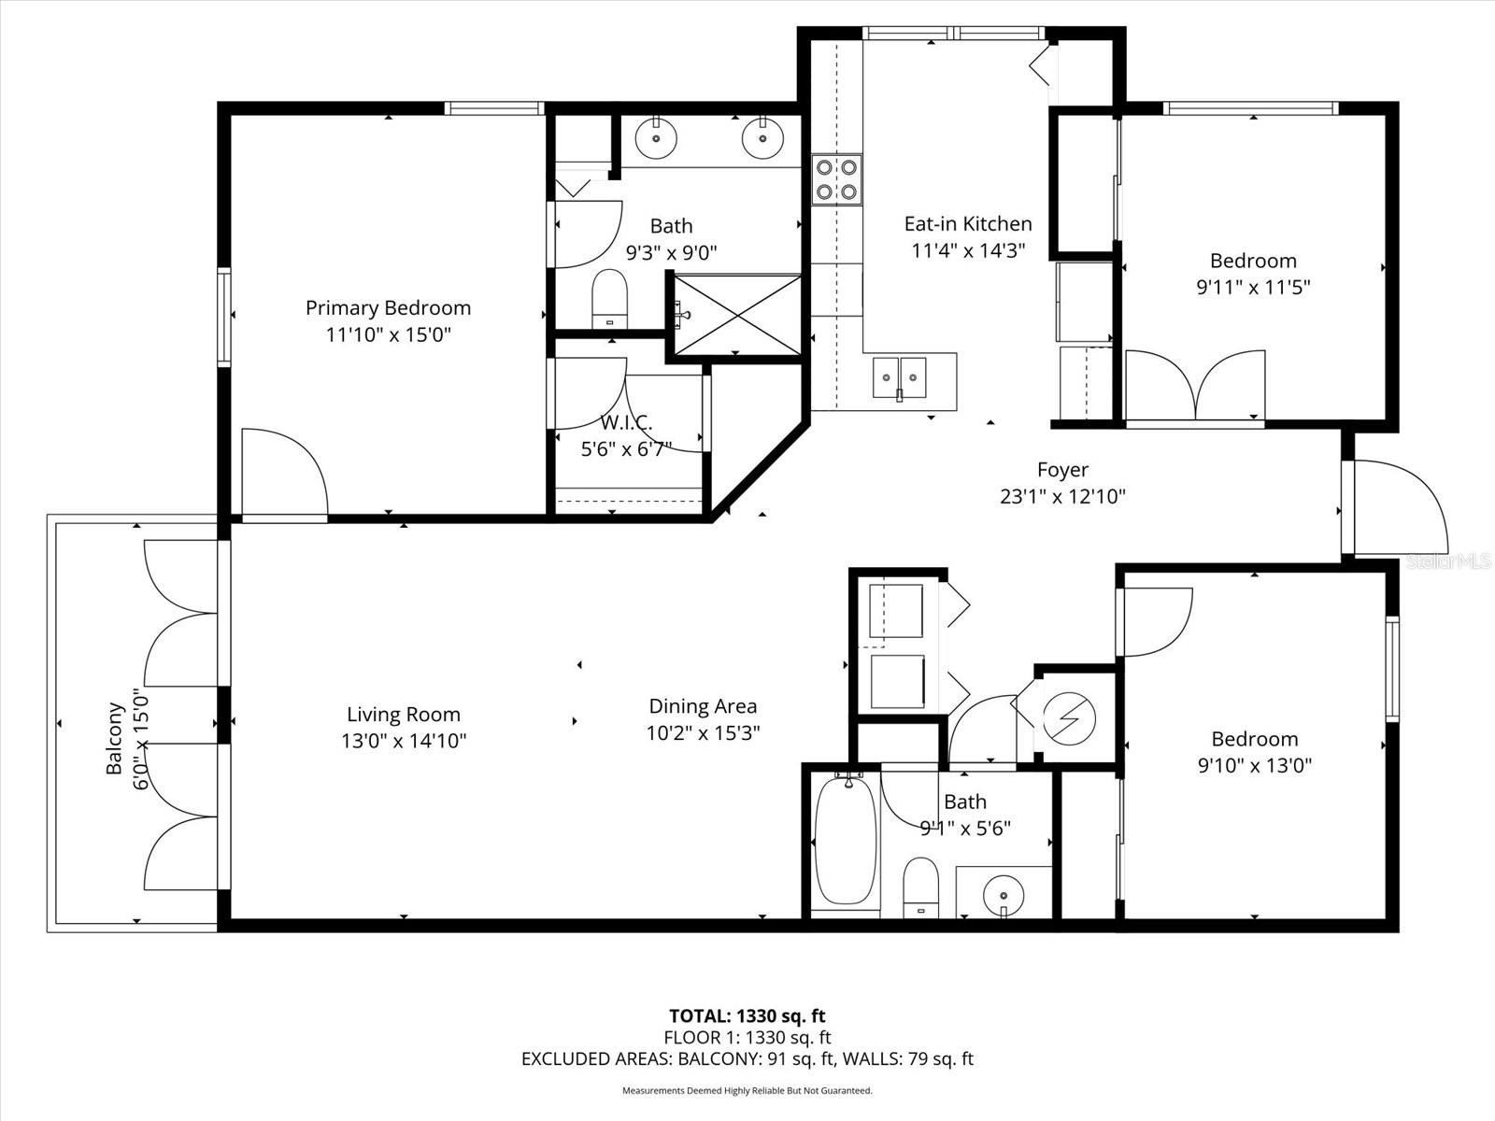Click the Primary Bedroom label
click(388, 307)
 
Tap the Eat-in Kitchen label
click(968, 224)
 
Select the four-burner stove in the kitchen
click(836, 179)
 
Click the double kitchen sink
click(899, 376)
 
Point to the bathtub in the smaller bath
click(847, 841)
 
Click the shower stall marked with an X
click(737, 315)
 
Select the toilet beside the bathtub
click(921, 888)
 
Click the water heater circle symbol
click(1069, 719)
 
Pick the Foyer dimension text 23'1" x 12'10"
click(1062, 497)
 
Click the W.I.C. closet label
click(626, 422)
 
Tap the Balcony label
click(114, 739)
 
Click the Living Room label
click(404, 714)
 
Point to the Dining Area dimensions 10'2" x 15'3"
click(703, 733)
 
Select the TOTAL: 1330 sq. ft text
click(747, 1016)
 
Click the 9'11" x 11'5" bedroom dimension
click(1253, 287)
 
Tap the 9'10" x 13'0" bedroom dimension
click(1255, 766)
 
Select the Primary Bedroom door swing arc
click(307, 453)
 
